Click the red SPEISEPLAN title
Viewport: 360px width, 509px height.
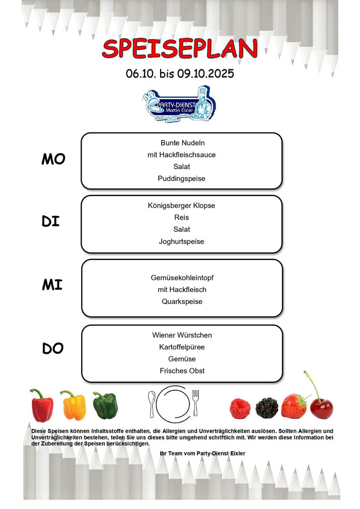(180, 49)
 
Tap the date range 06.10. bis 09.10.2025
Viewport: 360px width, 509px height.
(180, 73)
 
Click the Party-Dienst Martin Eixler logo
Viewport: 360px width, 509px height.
(179, 105)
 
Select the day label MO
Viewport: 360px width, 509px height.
(53, 159)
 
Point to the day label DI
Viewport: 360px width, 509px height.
(51, 221)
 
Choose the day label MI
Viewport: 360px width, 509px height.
(52, 285)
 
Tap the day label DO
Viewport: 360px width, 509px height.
(53, 348)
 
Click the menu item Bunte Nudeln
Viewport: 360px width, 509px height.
(182, 143)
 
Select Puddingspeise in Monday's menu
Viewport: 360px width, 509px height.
(182, 178)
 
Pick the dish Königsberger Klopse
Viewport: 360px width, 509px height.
(182, 205)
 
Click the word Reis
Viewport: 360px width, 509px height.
(182, 217)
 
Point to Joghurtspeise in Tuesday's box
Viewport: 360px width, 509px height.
(182, 242)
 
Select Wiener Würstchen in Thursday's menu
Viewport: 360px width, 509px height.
(182, 335)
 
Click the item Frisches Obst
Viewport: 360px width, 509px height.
(182, 370)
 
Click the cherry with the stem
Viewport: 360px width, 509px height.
(321, 407)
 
